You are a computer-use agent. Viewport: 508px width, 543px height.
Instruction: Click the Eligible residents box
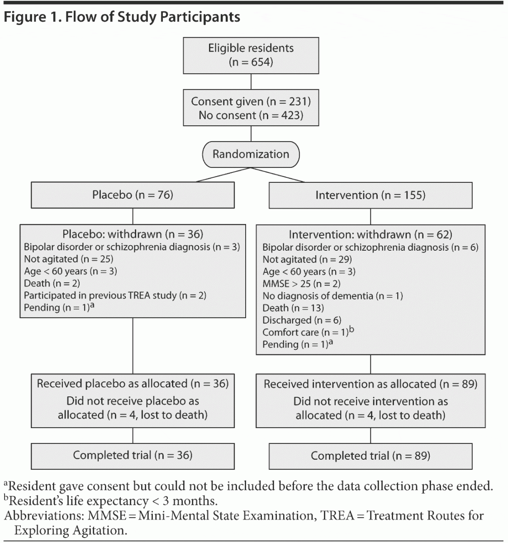pyautogui.click(x=251, y=55)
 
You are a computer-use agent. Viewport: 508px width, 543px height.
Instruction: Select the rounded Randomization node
pyautogui.click(x=251, y=154)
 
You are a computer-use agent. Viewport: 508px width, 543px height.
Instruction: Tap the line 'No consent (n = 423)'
pyautogui.click(x=251, y=115)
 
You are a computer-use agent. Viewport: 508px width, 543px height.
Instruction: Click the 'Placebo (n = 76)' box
pyautogui.click(x=133, y=195)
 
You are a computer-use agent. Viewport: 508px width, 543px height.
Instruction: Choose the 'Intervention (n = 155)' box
pyautogui.click(x=370, y=195)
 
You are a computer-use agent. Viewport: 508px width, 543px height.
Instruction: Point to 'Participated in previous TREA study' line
pyautogui.click(x=115, y=295)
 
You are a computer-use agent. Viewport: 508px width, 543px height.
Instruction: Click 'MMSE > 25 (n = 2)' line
pyautogui.click(x=301, y=284)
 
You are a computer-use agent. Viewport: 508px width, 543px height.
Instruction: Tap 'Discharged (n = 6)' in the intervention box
pyautogui.click(x=302, y=320)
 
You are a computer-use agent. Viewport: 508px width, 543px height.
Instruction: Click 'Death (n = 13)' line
pyautogui.click(x=293, y=308)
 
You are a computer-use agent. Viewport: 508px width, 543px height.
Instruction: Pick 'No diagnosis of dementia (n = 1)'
pyautogui.click(x=332, y=296)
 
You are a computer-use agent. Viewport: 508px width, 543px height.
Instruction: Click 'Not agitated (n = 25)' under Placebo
pyautogui.click(x=68, y=259)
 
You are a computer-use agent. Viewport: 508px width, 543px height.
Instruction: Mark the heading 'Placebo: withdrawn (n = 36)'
pyautogui.click(x=133, y=234)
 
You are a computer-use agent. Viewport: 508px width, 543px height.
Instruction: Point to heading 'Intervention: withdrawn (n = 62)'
pyautogui.click(x=370, y=234)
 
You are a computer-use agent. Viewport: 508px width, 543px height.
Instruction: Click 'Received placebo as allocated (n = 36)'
pyautogui.click(x=133, y=384)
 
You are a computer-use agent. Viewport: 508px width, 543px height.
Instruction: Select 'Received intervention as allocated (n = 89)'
pyautogui.click(x=370, y=384)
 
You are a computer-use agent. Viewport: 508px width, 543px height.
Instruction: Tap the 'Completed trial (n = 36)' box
pyautogui.click(x=133, y=455)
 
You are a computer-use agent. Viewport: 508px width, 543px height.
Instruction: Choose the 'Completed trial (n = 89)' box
pyautogui.click(x=370, y=456)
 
